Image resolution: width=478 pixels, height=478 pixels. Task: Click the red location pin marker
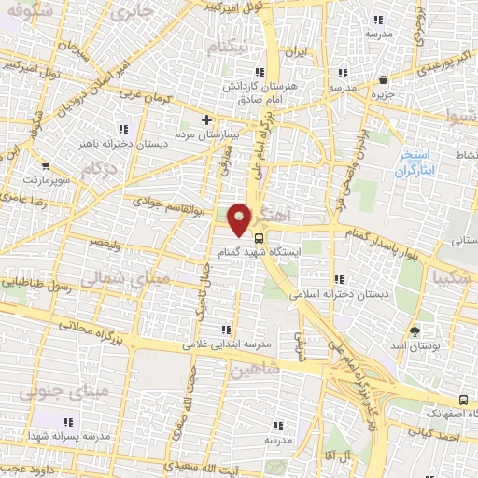coord(241,218)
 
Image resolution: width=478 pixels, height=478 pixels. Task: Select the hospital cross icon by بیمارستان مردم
coord(208,119)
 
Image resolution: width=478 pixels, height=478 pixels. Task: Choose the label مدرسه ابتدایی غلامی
coord(225,344)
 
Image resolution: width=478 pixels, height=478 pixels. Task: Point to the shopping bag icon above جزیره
coord(385,77)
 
